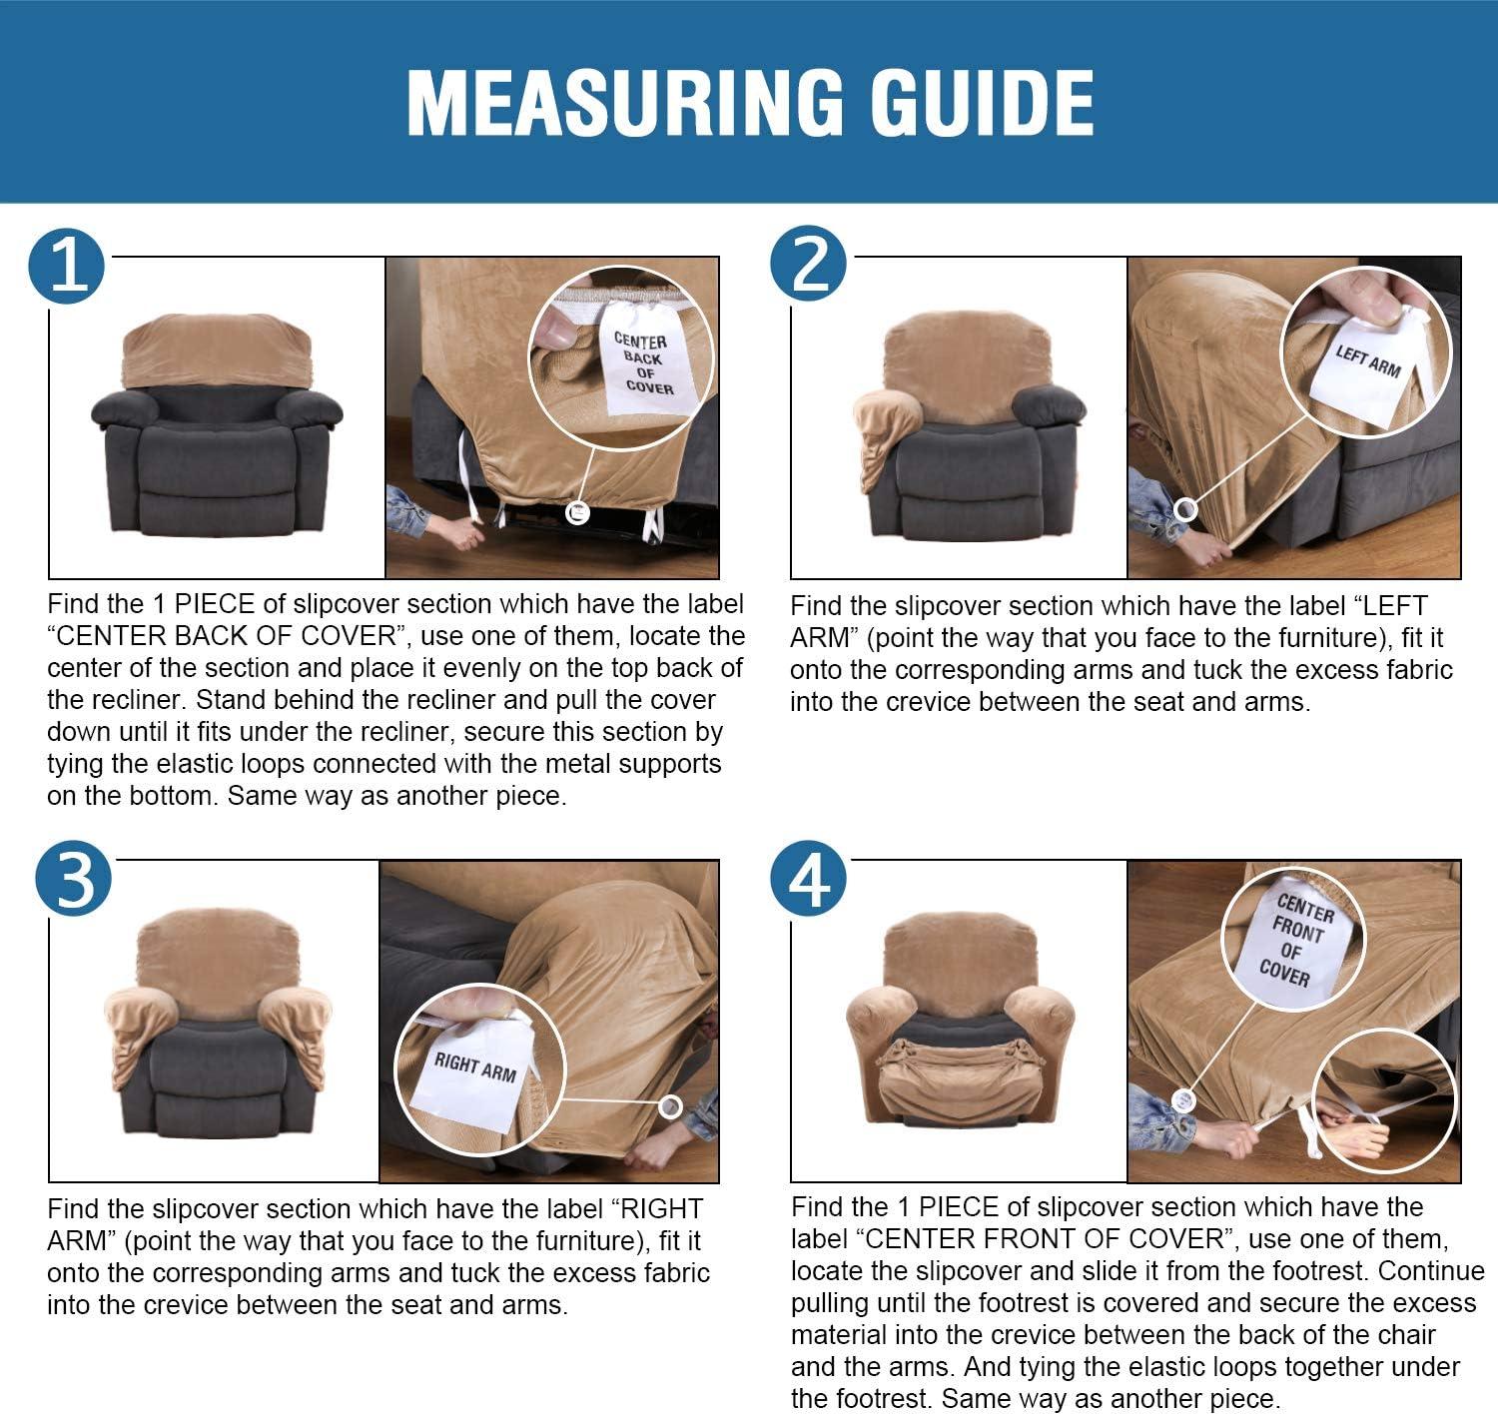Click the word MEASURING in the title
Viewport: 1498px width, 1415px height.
[624, 103]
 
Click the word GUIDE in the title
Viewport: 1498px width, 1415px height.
[982, 103]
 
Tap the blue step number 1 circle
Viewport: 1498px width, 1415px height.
[66, 267]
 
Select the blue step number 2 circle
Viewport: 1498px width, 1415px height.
[809, 264]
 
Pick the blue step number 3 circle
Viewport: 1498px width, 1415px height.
[73, 879]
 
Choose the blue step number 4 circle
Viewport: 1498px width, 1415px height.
[809, 879]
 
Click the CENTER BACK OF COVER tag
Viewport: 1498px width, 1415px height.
[645, 359]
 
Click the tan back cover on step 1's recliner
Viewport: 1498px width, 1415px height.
[217, 350]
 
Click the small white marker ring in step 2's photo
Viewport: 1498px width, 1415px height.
[1185, 510]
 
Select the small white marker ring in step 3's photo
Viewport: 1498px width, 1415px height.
[670, 1106]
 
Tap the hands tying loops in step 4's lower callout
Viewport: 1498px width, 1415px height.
[1350, 1128]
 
